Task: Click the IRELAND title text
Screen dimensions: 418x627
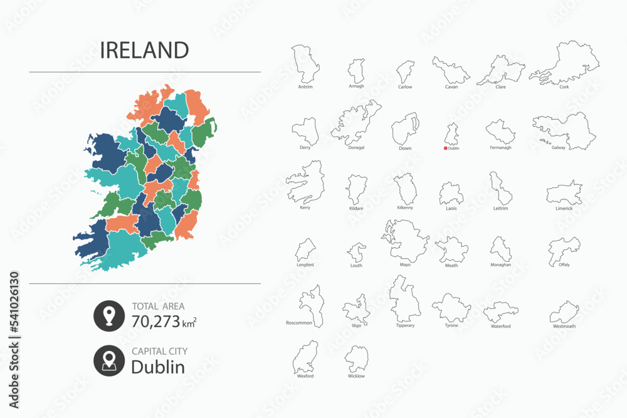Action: tap(144, 50)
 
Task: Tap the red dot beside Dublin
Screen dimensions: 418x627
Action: tap(446, 149)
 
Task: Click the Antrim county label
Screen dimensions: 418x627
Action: tap(306, 87)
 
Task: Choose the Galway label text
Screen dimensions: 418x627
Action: tap(560, 148)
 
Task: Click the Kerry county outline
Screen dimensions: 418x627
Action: tap(307, 182)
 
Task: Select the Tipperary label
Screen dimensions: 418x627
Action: tap(405, 326)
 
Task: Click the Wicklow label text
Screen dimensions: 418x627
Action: tap(356, 376)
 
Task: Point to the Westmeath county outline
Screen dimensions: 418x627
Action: tap(564, 311)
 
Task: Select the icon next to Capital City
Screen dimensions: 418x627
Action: tap(109, 361)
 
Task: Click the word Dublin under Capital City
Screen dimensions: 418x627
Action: tap(158, 367)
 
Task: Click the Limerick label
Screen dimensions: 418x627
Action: tap(564, 209)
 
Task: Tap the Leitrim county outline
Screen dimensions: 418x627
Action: tap(500, 188)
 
